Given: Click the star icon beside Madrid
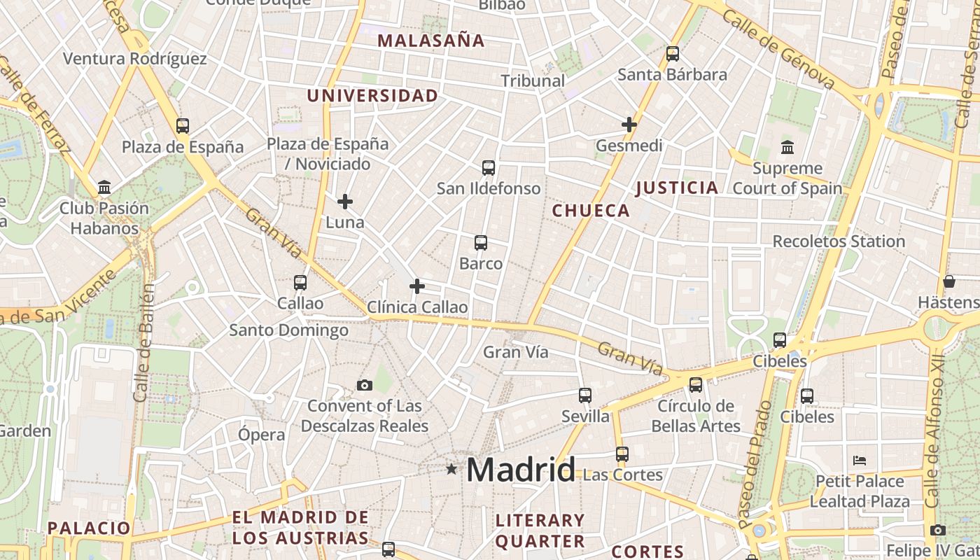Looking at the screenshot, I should click(x=451, y=469).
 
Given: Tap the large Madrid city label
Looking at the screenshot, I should click(x=521, y=470).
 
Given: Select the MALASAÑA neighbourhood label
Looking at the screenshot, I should click(x=431, y=41).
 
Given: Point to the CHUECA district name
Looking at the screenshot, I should click(x=591, y=211).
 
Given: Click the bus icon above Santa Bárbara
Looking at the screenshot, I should click(x=673, y=53).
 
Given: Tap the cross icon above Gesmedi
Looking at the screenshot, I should click(x=629, y=125).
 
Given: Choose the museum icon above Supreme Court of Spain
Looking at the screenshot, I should click(x=787, y=148).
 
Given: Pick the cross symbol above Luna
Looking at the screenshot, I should click(x=345, y=202).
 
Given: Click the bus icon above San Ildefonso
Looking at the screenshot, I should click(x=489, y=168).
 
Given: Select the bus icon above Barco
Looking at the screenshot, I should click(x=481, y=243).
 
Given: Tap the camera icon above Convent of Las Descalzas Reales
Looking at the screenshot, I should click(x=364, y=385).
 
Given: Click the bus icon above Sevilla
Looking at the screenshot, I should click(x=585, y=395).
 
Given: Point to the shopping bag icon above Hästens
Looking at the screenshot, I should click(x=949, y=281).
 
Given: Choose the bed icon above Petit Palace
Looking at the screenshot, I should click(x=860, y=461).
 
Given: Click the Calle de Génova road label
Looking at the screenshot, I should click(x=778, y=50).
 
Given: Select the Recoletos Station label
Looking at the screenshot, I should click(x=839, y=241).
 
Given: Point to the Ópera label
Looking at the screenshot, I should click(x=262, y=435).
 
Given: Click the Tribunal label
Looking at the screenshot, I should click(x=533, y=81).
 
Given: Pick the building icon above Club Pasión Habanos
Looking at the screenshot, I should click(x=104, y=187).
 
